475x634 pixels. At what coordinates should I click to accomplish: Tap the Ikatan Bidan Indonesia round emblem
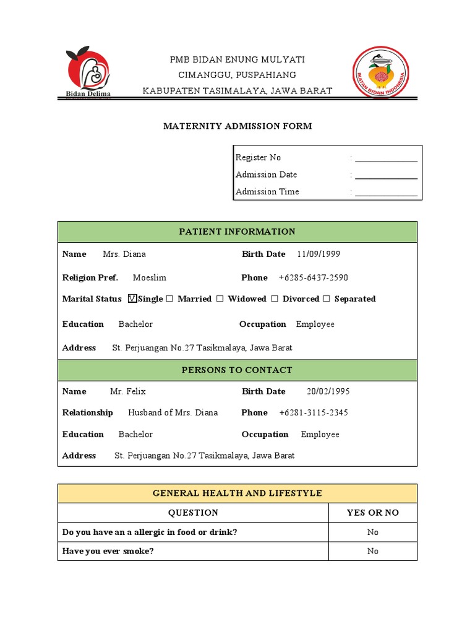pos(380,73)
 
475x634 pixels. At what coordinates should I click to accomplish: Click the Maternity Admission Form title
pos(237,126)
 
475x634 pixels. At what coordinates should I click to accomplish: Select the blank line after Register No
pos(386,158)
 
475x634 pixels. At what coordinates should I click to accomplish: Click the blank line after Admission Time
pos(386,193)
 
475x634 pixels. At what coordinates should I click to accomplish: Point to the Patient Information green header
pos(237,232)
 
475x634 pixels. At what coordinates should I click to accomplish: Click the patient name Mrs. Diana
pos(124,254)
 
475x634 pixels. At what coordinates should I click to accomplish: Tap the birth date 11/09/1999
pos(319,254)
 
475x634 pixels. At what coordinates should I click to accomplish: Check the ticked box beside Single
pos(132,299)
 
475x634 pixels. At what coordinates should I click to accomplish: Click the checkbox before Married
pos(169,299)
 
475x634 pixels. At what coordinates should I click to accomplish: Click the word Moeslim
pos(150,278)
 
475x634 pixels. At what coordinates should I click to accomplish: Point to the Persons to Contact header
pos(237,370)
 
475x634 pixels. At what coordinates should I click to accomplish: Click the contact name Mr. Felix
pos(128,392)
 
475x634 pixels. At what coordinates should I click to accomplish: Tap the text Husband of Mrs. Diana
pos(173,413)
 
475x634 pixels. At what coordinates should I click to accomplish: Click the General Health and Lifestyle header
pos(237,493)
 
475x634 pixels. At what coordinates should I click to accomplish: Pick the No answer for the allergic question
pos(372,532)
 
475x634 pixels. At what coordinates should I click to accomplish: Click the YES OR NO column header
pos(372,513)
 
